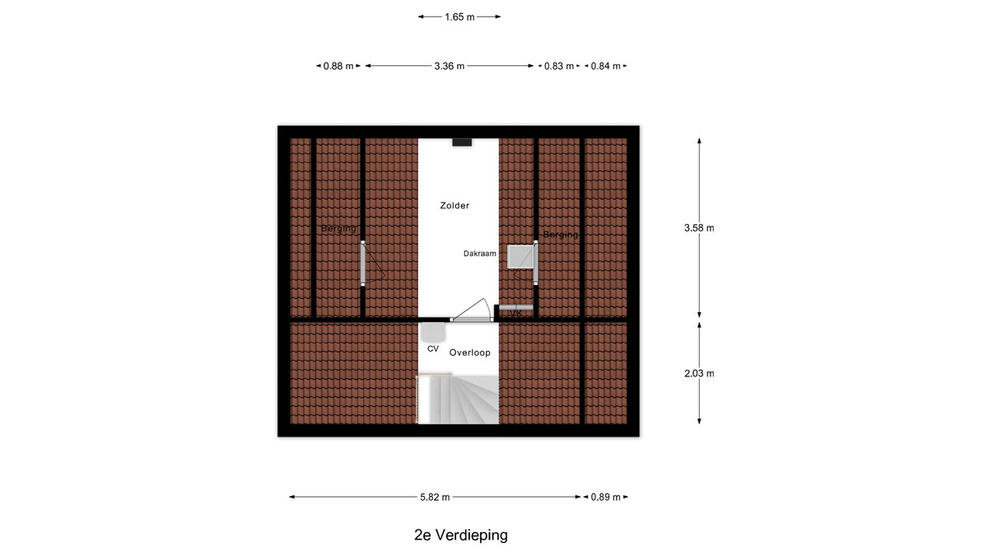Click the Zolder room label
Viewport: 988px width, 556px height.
(x=454, y=206)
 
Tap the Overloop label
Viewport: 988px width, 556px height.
(x=470, y=353)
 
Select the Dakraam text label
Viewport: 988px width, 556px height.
(x=479, y=254)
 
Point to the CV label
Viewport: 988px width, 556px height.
(x=433, y=348)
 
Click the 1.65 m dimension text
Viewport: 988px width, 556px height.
(x=459, y=17)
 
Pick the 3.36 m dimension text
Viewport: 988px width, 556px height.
(x=449, y=66)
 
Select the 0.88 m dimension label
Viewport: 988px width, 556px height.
(x=338, y=66)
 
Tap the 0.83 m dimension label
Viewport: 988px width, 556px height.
(x=559, y=66)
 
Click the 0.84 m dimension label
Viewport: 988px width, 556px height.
(x=606, y=66)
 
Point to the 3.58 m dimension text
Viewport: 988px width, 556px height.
(x=699, y=228)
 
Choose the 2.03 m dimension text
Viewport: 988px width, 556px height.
(x=699, y=374)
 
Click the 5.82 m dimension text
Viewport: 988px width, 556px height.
(x=435, y=498)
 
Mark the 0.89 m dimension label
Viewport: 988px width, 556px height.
(x=606, y=498)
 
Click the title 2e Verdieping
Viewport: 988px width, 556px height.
(x=461, y=535)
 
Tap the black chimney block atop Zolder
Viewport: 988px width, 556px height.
(x=462, y=142)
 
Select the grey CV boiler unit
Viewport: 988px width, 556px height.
(x=432, y=332)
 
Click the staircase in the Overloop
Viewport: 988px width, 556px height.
(x=459, y=399)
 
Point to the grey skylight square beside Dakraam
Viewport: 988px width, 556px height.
(x=520, y=257)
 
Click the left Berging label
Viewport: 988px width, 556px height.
(x=338, y=229)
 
